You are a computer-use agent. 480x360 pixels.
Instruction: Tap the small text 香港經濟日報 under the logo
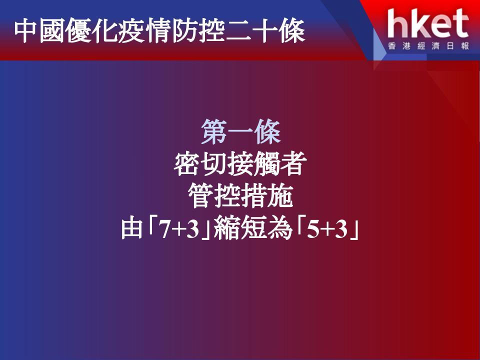click(x=428, y=46)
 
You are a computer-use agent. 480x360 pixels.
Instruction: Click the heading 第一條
click(x=241, y=132)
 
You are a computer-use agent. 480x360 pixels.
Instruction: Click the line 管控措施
click(x=240, y=196)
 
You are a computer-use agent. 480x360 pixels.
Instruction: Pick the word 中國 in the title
click(x=39, y=31)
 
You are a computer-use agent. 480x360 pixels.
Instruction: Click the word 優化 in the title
click(x=91, y=31)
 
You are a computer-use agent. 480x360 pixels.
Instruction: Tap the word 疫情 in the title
click(x=143, y=31)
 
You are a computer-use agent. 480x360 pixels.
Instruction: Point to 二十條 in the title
click(x=264, y=31)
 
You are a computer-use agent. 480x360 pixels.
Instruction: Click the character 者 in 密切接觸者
click(x=294, y=164)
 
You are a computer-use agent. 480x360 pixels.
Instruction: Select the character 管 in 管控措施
click(x=200, y=196)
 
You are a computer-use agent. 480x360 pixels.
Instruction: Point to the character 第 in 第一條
click(x=214, y=132)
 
